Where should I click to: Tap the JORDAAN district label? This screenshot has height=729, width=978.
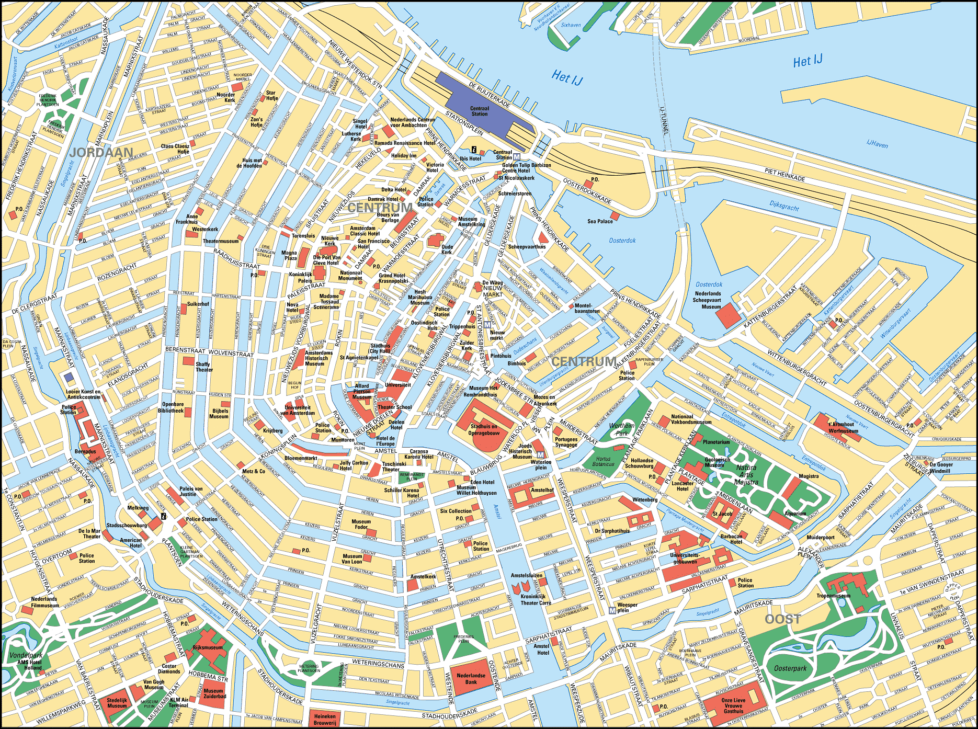point(101,152)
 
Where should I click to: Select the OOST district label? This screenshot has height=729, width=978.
point(782,619)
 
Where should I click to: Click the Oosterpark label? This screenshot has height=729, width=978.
point(790,668)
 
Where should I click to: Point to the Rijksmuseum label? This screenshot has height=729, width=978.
point(208,647)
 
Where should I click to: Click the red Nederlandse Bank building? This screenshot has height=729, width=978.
point(471,678)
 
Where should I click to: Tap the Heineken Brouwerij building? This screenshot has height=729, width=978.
point(325,719)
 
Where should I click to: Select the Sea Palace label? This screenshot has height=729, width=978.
point(600,221)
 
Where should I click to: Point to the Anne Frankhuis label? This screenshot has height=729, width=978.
point(187,219)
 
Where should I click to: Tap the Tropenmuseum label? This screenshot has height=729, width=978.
point(833,596)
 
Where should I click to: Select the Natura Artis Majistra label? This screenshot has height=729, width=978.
point(746,474)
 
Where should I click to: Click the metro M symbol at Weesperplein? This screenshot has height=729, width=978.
point(612,610)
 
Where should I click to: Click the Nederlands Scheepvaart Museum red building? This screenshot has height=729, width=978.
point(726,315)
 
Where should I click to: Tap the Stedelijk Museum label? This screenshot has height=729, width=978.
point(117,703)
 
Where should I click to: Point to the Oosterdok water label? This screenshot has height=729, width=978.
point(622,241)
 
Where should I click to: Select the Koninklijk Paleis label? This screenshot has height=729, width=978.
point(301,277)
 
